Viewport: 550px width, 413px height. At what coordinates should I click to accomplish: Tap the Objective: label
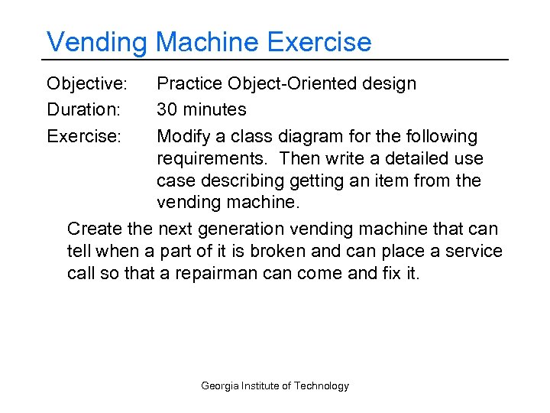[87, 83]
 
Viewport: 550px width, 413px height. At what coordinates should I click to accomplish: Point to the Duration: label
[83, 110]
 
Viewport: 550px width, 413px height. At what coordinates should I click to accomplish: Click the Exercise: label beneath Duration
[83, 137]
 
